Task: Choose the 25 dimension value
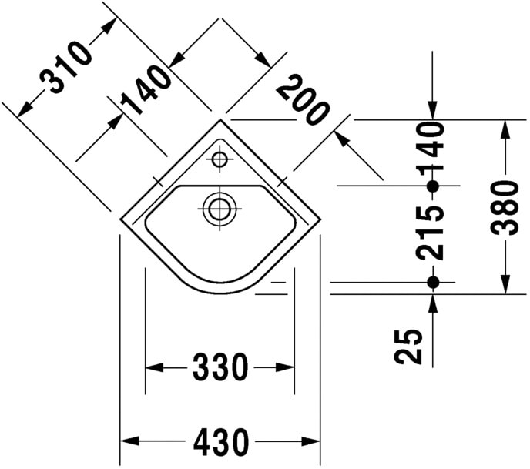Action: [x=413, y=346]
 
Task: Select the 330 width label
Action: [x=220, y=368]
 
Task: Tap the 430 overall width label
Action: [x=220, y=442]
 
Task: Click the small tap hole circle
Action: [x=220, y=160]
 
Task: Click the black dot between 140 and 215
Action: [x=432, y=186]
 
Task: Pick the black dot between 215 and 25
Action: [x=432, y=283]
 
